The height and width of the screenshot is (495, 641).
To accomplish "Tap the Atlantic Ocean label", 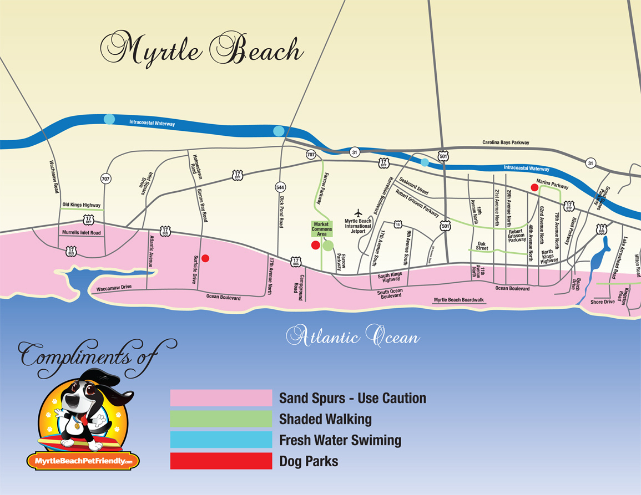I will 353,336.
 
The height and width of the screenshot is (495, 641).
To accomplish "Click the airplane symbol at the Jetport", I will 358,212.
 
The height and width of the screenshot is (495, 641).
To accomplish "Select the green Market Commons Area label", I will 322,229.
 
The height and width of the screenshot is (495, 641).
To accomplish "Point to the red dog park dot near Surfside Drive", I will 205,258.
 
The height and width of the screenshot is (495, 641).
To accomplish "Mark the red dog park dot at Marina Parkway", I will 534,187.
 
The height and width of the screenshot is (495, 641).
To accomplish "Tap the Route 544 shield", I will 280,187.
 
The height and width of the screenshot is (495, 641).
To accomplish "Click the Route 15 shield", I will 397,224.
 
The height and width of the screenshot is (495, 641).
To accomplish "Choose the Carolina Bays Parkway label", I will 506,142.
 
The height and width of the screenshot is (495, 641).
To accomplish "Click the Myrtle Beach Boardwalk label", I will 459,300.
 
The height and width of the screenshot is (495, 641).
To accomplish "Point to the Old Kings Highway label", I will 81,205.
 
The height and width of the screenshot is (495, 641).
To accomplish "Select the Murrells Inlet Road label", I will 82,233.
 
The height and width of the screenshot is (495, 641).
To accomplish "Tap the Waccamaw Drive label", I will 114,287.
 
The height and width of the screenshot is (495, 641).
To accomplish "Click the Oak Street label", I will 482,246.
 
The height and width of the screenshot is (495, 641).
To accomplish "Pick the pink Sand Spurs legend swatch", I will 221,398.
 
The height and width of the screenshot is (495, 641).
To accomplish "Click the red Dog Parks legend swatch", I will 221,461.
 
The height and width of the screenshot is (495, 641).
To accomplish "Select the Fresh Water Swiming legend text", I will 340,440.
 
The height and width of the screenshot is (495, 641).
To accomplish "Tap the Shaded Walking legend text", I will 325,419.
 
